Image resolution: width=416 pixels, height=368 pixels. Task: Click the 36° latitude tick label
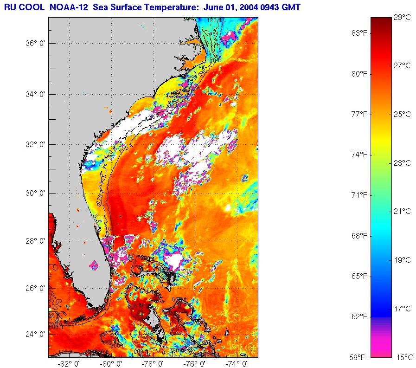click(x=35, y=43)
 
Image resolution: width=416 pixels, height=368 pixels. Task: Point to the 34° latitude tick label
click(x=35, y=94)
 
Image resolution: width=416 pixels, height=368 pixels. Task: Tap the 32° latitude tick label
click(x=35, y=144)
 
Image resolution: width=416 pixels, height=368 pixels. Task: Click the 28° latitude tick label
click(x=35, y=241)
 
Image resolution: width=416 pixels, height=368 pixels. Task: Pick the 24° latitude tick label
click(x=35, y=334)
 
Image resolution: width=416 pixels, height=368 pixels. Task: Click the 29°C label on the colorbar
click(x=402, y=18)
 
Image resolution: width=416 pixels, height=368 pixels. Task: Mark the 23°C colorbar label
click(x=402, y=163)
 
